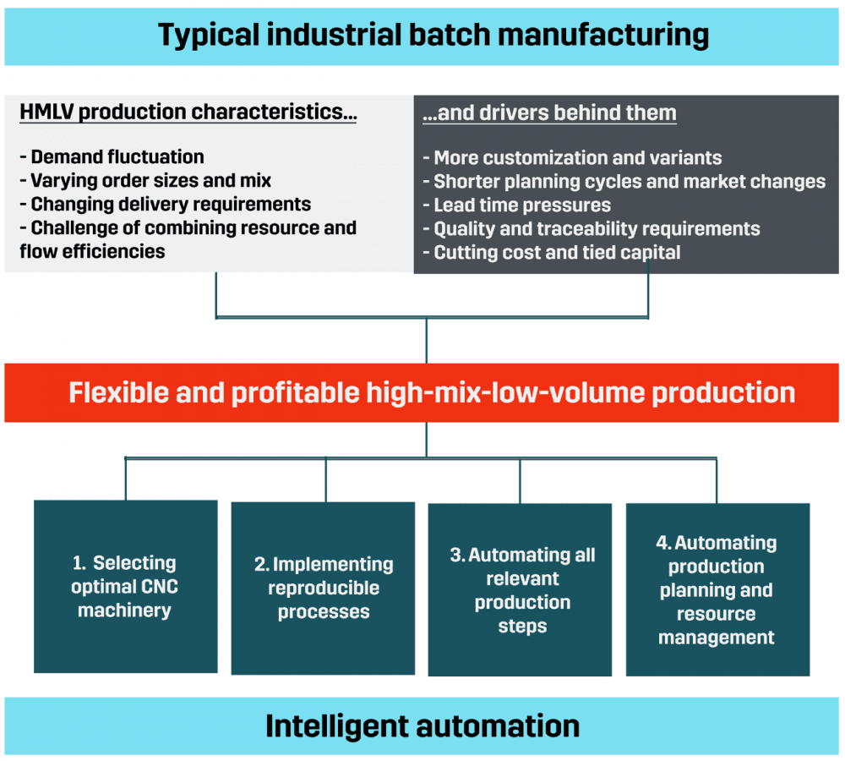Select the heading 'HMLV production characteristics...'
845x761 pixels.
tap(188, 113)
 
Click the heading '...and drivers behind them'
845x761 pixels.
tap(549, 113)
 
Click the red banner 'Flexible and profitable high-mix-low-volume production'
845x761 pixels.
tap(432, 393)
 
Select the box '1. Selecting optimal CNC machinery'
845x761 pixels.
tap(125, 587)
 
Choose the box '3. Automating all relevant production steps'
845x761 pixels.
tap(521, 590)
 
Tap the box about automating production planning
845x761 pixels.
tap(717, 590)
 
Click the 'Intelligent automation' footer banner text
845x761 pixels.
tap(422, 726)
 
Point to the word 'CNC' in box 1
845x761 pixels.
tap(161, 587)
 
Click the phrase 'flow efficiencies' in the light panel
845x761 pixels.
tap(93, 251)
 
